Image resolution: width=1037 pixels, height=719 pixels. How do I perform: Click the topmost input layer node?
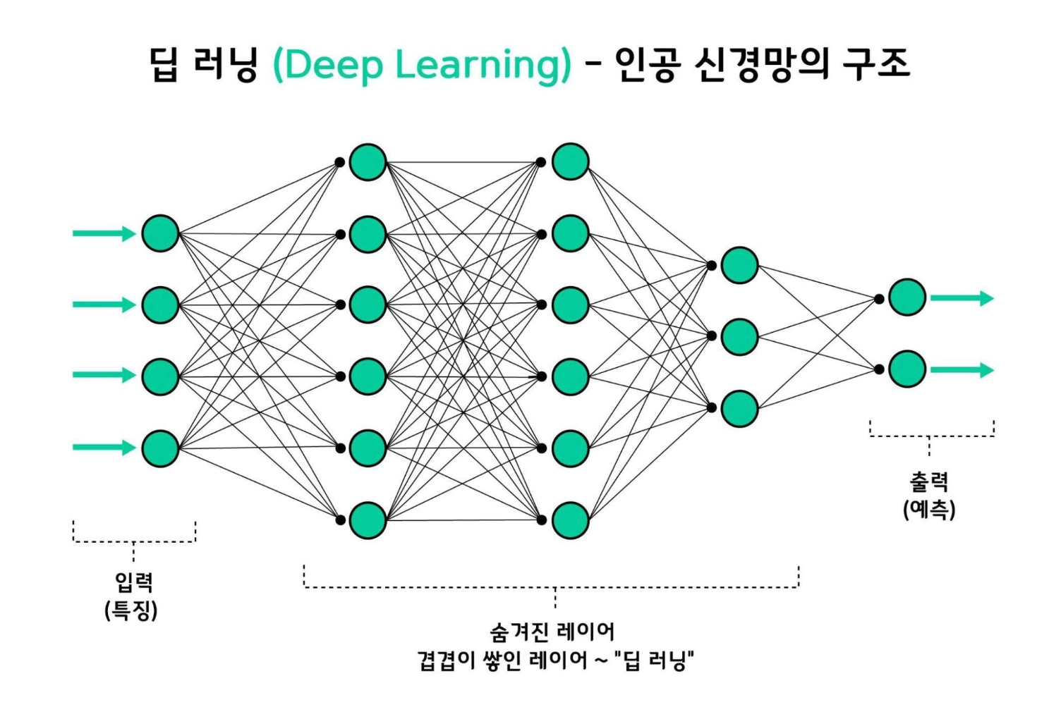point(160,233)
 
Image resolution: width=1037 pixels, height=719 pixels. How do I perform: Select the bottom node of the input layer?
point(160,448)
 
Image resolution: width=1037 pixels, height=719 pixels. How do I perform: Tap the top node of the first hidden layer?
point(368,162)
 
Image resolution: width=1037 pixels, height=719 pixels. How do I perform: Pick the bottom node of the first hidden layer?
point(368,520)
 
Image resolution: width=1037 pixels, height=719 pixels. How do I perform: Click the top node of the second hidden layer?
point(570,162)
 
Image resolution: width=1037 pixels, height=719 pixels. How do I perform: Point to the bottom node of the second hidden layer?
point(570,520)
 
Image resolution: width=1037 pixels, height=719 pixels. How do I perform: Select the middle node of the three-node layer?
point(739,336)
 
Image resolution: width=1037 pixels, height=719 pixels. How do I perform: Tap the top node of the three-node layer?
point(739,265)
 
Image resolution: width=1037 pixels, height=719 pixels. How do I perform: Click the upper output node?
point(907,297)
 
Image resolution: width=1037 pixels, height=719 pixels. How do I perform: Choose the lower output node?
point(907,369)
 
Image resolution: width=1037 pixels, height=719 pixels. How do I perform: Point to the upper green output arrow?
point(962,298)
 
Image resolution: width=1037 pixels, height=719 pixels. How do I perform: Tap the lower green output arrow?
point(962,370)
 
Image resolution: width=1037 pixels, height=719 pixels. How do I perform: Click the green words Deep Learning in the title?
point(422,66)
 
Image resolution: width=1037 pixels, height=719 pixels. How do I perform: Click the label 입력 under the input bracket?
point(133,582)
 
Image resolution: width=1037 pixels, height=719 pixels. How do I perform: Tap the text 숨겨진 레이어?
point(552,631)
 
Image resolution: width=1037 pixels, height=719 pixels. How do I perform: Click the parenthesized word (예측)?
point(929,509)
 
